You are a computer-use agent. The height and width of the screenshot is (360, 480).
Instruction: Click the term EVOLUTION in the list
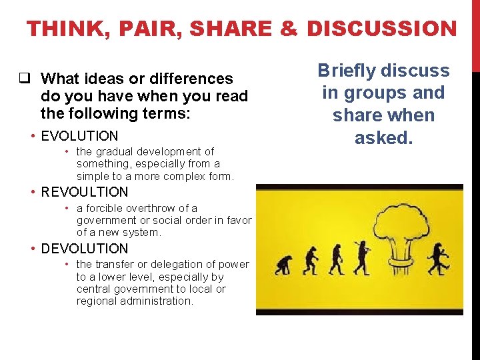(79, 136)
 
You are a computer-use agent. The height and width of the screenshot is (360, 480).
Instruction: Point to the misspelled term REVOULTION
(84, 192)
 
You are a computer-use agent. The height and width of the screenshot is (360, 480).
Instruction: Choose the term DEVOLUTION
(84, 249)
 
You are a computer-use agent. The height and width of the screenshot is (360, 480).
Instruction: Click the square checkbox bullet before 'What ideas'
(23, 79)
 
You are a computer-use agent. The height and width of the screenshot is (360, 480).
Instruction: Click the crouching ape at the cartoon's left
(283, 263)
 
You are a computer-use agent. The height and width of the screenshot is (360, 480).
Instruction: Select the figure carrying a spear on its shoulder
(363, 256)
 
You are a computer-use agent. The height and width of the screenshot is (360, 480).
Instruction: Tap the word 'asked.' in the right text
(383, 138)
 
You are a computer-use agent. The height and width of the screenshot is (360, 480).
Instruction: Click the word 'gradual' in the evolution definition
(115, 152)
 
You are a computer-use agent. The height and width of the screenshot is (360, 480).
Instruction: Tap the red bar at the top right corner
(475, 33)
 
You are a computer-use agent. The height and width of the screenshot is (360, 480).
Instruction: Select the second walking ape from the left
(310, 260)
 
